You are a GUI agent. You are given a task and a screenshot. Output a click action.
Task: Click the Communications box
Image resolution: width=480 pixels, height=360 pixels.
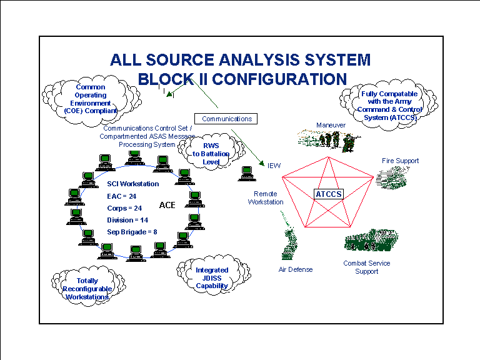(x=226, y=119)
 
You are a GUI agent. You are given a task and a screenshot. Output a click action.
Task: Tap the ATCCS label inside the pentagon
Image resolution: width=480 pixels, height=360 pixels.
(x=329, y=194)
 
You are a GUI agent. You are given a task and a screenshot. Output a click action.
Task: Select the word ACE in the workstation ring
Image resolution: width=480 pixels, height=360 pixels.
(x=167, y=205)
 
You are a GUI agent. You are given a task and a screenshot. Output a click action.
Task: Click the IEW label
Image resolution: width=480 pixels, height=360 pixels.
(x=274, y=166)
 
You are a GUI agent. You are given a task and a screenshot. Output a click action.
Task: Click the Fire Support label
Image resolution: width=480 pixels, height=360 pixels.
(x=400, y=161)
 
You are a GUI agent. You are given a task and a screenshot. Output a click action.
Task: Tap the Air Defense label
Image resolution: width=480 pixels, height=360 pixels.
(x=296, y=269)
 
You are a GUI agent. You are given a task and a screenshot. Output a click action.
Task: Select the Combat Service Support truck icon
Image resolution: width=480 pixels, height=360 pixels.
(x=371, y=240)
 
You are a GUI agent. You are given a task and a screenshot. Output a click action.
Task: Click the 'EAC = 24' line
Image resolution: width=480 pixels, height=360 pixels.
(x=121, y=196)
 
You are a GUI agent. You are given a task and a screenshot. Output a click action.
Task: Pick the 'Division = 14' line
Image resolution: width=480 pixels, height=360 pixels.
(x=127, y=220)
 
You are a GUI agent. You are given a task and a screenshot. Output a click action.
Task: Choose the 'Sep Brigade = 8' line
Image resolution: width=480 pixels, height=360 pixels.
(x=132, y=232)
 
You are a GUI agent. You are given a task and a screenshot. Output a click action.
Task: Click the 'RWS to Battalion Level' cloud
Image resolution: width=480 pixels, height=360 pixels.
(x=211, y=151)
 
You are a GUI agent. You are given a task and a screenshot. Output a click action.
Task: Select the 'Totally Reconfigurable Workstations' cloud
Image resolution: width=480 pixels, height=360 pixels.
(x=88, y=286)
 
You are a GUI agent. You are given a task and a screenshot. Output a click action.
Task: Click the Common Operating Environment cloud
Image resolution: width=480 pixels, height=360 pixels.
(x=91, y=100)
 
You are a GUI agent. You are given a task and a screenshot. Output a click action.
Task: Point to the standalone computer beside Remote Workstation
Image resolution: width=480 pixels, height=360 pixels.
(x=247, y=174)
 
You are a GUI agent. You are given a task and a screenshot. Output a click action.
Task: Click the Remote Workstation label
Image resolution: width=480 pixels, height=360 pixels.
(x=266, y=197)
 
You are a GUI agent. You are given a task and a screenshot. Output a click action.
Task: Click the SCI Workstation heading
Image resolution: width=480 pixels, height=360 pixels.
(x=133, y=184)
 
